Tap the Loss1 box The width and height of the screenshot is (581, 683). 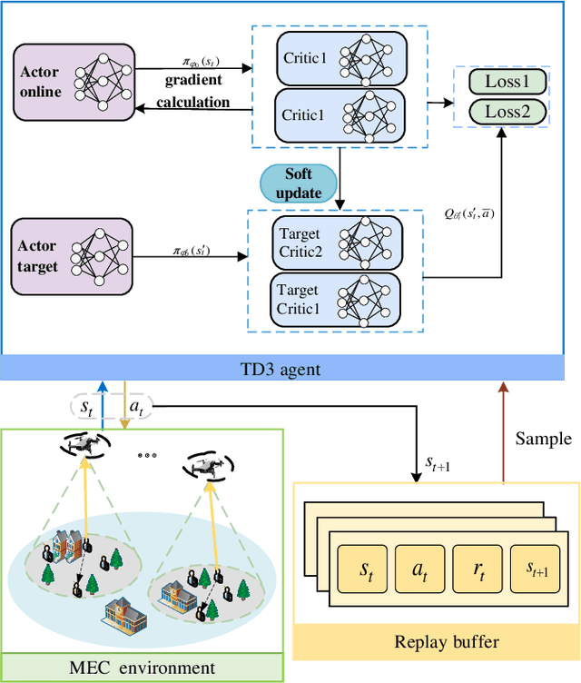(x=507, y=83)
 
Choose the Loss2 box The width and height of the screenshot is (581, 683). (x=507, y=112)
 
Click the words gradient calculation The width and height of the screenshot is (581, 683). (x=192, y=93)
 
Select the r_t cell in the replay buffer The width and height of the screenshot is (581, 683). (x=479, y=570)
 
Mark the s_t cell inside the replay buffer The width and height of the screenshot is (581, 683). (x=364, y=570)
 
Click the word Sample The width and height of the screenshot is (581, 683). (x=543, y=439)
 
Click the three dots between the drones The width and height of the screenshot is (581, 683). (x=146, y=454)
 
